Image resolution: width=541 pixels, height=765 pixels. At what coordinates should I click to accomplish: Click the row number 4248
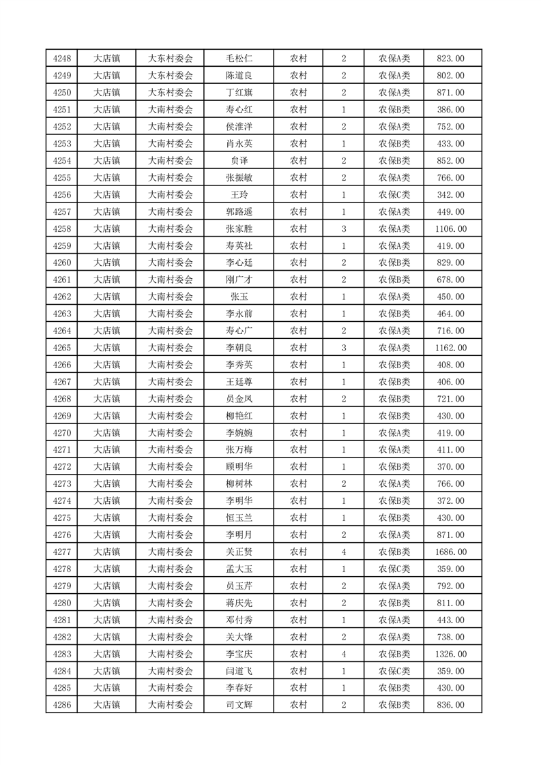[x=61, y=59]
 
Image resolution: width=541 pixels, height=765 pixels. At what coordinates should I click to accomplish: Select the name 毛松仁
[x=239, y=59]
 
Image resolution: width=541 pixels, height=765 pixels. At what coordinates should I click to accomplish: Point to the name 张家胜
[x=239, y=229]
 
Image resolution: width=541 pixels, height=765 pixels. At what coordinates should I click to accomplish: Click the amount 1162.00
[x=450, y=348]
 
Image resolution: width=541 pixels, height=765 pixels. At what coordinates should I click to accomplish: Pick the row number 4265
[x=61, y=348]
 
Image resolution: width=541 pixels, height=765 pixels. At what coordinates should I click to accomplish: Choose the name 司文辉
[x=239, y=705]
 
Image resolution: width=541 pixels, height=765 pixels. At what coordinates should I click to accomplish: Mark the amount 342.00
[x=450, y=195]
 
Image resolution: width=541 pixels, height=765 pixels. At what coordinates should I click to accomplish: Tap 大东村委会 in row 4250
[x=171, y=93]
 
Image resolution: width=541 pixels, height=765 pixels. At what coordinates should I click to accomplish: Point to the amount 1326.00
[x=450, y=654]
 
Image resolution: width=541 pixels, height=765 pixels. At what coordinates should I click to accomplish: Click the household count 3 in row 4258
[x=343, y=229]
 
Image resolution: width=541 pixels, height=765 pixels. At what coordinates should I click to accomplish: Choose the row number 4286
[x=61, y=705]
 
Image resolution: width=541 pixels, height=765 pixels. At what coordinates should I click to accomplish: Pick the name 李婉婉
[x=239, y=433]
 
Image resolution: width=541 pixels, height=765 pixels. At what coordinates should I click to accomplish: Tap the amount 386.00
[x=450, y=110]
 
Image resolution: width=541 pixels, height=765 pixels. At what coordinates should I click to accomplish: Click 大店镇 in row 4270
[x=106, y=433]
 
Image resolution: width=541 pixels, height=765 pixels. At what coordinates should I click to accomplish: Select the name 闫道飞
[x=239, y=671]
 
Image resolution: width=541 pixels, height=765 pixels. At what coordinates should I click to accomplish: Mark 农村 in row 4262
[x=298, y=297]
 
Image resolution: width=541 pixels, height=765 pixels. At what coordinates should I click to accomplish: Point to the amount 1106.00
[x=450, y=229]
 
